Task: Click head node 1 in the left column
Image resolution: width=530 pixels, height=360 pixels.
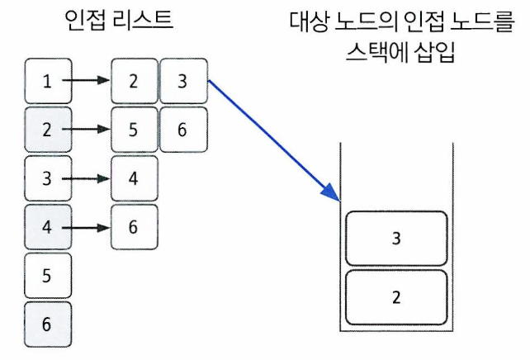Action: click(48, 81)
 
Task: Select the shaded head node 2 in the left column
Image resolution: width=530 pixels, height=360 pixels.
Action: click(48, 130)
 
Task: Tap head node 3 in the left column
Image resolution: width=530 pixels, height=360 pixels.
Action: click(48, 178)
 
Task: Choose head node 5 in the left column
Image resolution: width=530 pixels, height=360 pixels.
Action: click(48, 274)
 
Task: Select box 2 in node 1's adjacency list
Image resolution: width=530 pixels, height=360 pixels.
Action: click(134, 81)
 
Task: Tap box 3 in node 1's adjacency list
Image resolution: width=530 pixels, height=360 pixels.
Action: click(182, 81)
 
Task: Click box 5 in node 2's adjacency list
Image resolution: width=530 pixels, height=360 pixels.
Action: click(134, 130)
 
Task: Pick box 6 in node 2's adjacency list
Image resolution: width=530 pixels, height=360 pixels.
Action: click(182, 130)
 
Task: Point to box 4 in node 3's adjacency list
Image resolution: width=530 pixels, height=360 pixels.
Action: click(134, 178)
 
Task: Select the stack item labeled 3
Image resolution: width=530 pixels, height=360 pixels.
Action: click(397, 238)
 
